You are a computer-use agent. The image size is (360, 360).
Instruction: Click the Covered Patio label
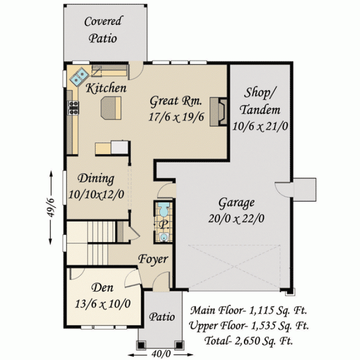click(103, 29)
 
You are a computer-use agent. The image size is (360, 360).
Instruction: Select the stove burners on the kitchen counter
click(73, 107)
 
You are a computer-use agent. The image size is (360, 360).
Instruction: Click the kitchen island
click(111, 108)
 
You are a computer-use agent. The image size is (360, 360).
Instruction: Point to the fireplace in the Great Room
click(218, 112)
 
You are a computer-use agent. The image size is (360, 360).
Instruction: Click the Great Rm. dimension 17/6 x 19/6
click(176, 117)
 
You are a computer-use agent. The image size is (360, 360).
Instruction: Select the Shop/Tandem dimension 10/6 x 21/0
click(260, 126)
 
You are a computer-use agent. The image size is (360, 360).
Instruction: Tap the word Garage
click(236, 203)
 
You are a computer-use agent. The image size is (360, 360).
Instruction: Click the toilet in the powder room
click(163, 209)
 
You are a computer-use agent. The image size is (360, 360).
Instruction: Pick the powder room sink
click(164, 237)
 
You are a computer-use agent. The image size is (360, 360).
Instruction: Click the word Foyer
click(153, 259)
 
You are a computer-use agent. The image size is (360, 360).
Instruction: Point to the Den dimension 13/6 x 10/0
click(102, 304)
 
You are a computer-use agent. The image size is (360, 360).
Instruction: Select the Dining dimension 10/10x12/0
click(96, 194)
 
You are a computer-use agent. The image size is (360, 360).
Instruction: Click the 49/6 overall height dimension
click(50, 207)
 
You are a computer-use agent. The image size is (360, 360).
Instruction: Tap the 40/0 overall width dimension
click(161, 354)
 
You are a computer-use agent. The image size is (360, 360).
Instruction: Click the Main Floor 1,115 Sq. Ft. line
click(248, 310)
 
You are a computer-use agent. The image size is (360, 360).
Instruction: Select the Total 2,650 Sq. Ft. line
click(248, 340)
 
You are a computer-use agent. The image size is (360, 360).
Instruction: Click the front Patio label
click(162, 317)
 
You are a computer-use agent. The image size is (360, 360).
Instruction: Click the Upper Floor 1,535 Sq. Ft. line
click(248, 325)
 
